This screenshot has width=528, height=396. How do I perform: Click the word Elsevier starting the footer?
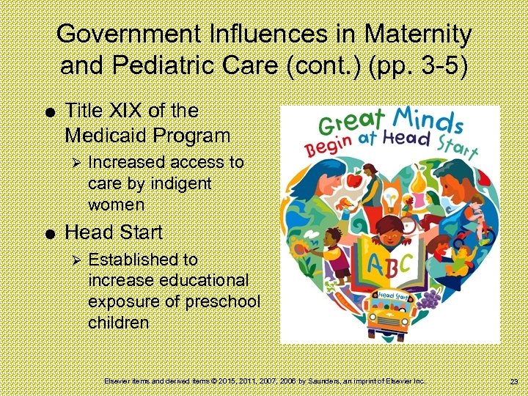118,381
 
